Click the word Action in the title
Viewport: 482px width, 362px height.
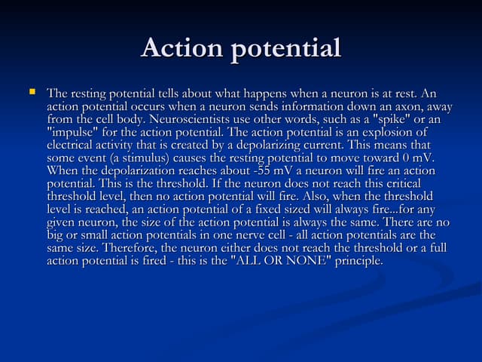pyautogui.click(x=182, y=48)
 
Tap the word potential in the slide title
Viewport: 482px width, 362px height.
pyautogui.click(x=285, y=50)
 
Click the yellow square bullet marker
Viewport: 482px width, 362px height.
pyautogui.click(x=32, y=93)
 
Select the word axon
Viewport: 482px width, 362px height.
pyautogui.click(x=404, y=107)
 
